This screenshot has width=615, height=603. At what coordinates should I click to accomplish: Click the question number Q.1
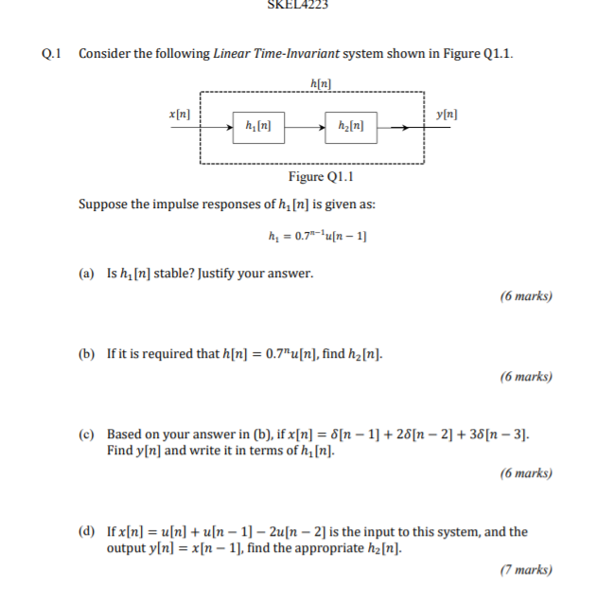click(52, 53)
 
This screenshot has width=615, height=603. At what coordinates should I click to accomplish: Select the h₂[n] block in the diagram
click(350, 125)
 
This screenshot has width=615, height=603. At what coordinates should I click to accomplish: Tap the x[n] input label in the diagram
click(179, 114)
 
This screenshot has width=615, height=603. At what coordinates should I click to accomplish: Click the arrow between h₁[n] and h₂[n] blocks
click(304, 125)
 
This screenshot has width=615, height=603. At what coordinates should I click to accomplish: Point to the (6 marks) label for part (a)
click(525, 296)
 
